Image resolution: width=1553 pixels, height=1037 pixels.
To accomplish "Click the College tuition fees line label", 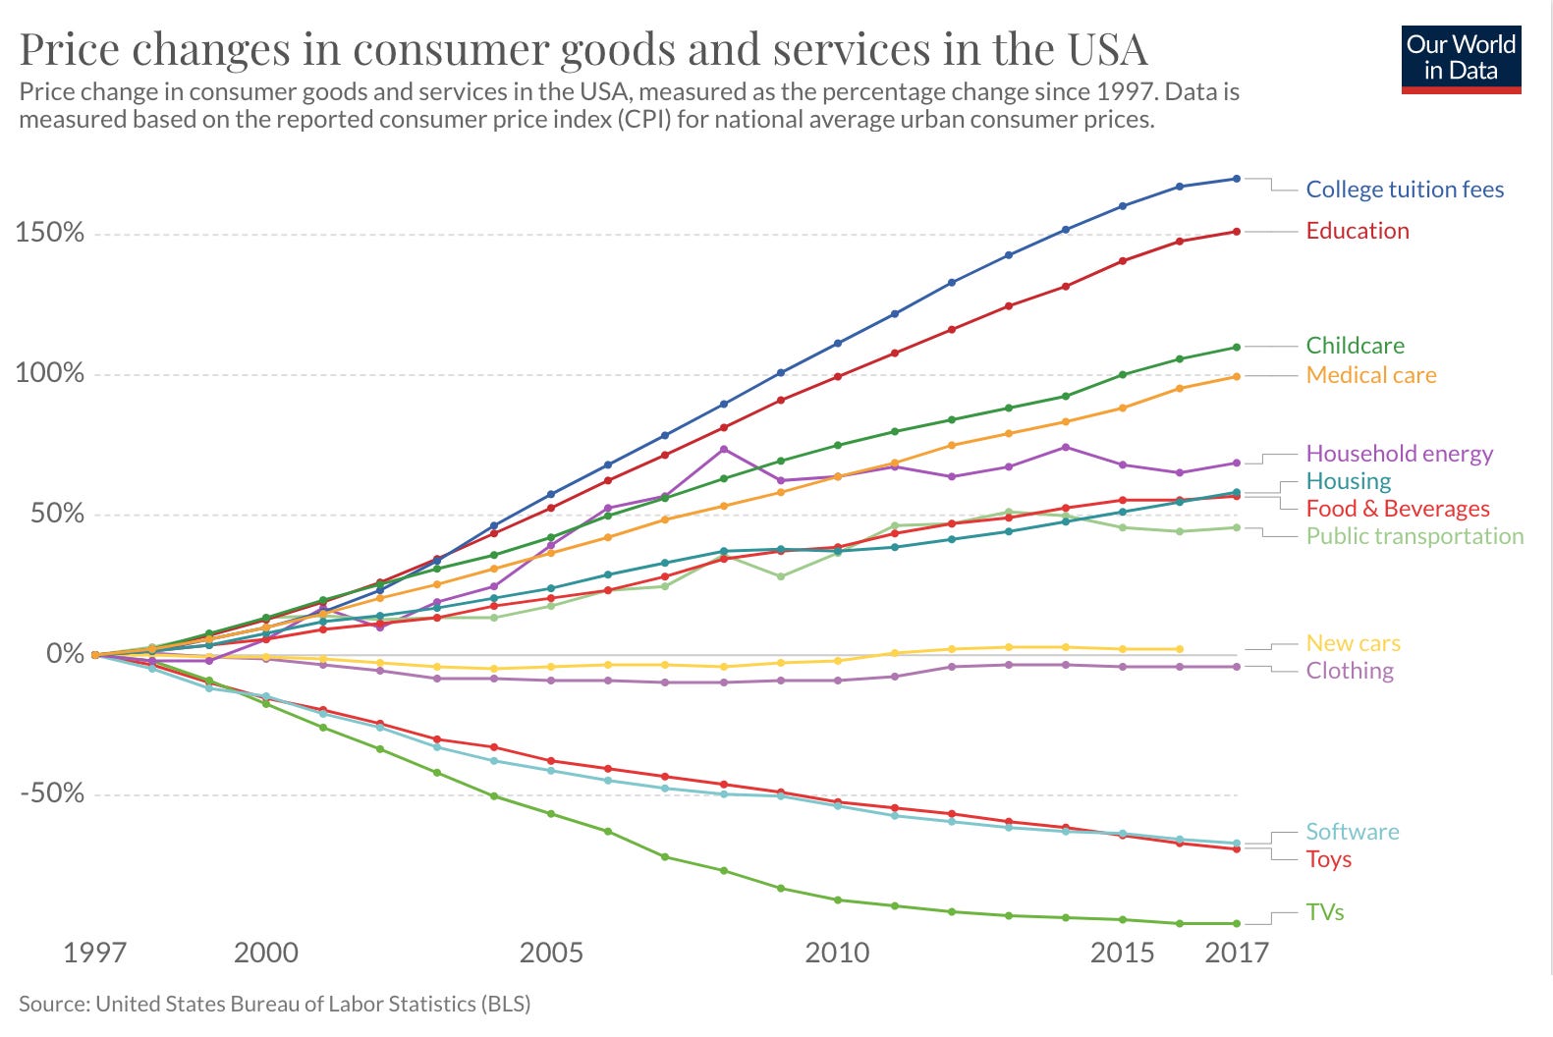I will click(x=1404, y=190).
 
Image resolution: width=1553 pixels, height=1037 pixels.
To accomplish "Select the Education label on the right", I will click(x=1357, y=231).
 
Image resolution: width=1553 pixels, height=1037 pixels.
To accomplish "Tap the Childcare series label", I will click(x=1355, y=346).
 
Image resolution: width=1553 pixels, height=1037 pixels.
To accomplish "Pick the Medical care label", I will click(x=1370, y=375).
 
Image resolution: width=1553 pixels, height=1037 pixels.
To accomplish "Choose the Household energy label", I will click(x=1399, y=454).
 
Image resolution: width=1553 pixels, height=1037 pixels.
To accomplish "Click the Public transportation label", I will click(x=1414, y=536).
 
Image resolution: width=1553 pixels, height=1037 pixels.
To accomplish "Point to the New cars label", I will click(x=1353, y=643).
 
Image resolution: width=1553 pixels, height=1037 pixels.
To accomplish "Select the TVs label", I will click(x=1324, y=912).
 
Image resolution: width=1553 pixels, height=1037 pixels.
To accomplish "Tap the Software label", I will click(x=1352, y=832).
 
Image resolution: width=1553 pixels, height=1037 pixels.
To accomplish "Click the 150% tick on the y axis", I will click(x=49, y=234).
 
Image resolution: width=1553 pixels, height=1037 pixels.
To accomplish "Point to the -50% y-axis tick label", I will click(x=51, y=793).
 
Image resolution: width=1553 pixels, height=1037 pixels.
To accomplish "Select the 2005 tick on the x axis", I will click(x=551, y=953).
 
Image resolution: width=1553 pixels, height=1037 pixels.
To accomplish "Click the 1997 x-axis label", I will click(x=94, y=953).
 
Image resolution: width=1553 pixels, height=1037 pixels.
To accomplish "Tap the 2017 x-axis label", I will click(x=1237, y=953).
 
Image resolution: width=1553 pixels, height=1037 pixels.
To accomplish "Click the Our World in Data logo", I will click(x=1461, y=59).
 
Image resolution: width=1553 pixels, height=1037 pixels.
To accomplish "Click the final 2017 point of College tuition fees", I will click(x=1237, y=179).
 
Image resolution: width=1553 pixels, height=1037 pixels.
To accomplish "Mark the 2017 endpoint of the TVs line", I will click(x=1237, y=923).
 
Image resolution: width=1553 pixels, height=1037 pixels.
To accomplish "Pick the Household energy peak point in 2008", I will click(x=724, y=450).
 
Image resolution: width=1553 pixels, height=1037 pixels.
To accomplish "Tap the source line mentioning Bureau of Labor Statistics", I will click(x=274, y=1004).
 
